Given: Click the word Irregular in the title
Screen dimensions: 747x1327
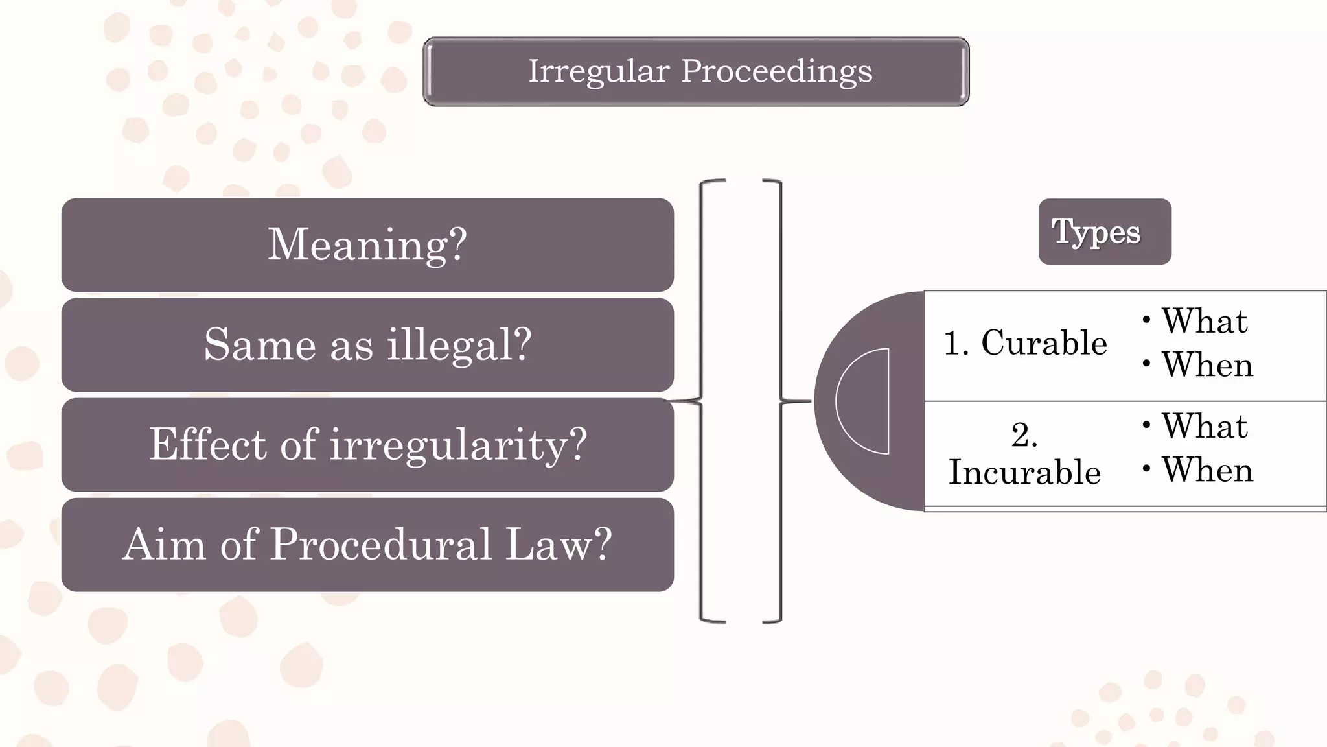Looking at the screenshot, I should click(x=599, y=71).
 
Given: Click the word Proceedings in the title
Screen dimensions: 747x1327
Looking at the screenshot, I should click(x=776, y=71).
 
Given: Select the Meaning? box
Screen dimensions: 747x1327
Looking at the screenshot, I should click(x=367, y=244).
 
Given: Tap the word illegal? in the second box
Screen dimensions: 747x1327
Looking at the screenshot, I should click(x=459, y=344).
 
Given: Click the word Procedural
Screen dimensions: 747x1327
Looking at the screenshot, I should click(x=380, y=544).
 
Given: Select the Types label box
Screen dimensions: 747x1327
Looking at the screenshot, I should click(x=1104, y=231).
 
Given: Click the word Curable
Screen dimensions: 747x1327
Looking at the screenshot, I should click(x=1044, y=343).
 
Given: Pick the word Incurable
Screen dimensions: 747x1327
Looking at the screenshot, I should click(x=1024, y=472).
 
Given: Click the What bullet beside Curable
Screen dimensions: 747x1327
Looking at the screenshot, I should click(x=1204, y=321).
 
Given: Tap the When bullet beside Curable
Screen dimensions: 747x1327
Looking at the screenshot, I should click(x=1207, y=364).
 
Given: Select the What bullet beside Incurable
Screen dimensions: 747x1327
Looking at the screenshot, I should click(x=1204, y=427).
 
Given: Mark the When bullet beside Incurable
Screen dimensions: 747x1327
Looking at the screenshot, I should click(x=1207, y=470).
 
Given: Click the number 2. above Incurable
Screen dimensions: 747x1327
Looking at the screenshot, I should click(x=1024, y=435).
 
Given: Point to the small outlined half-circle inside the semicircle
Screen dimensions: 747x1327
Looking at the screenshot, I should click(x=865, y=401).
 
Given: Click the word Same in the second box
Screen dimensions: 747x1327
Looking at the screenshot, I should click(x=259, y=344).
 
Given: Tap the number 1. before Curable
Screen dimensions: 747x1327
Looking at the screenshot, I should click(x=956, y=343).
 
